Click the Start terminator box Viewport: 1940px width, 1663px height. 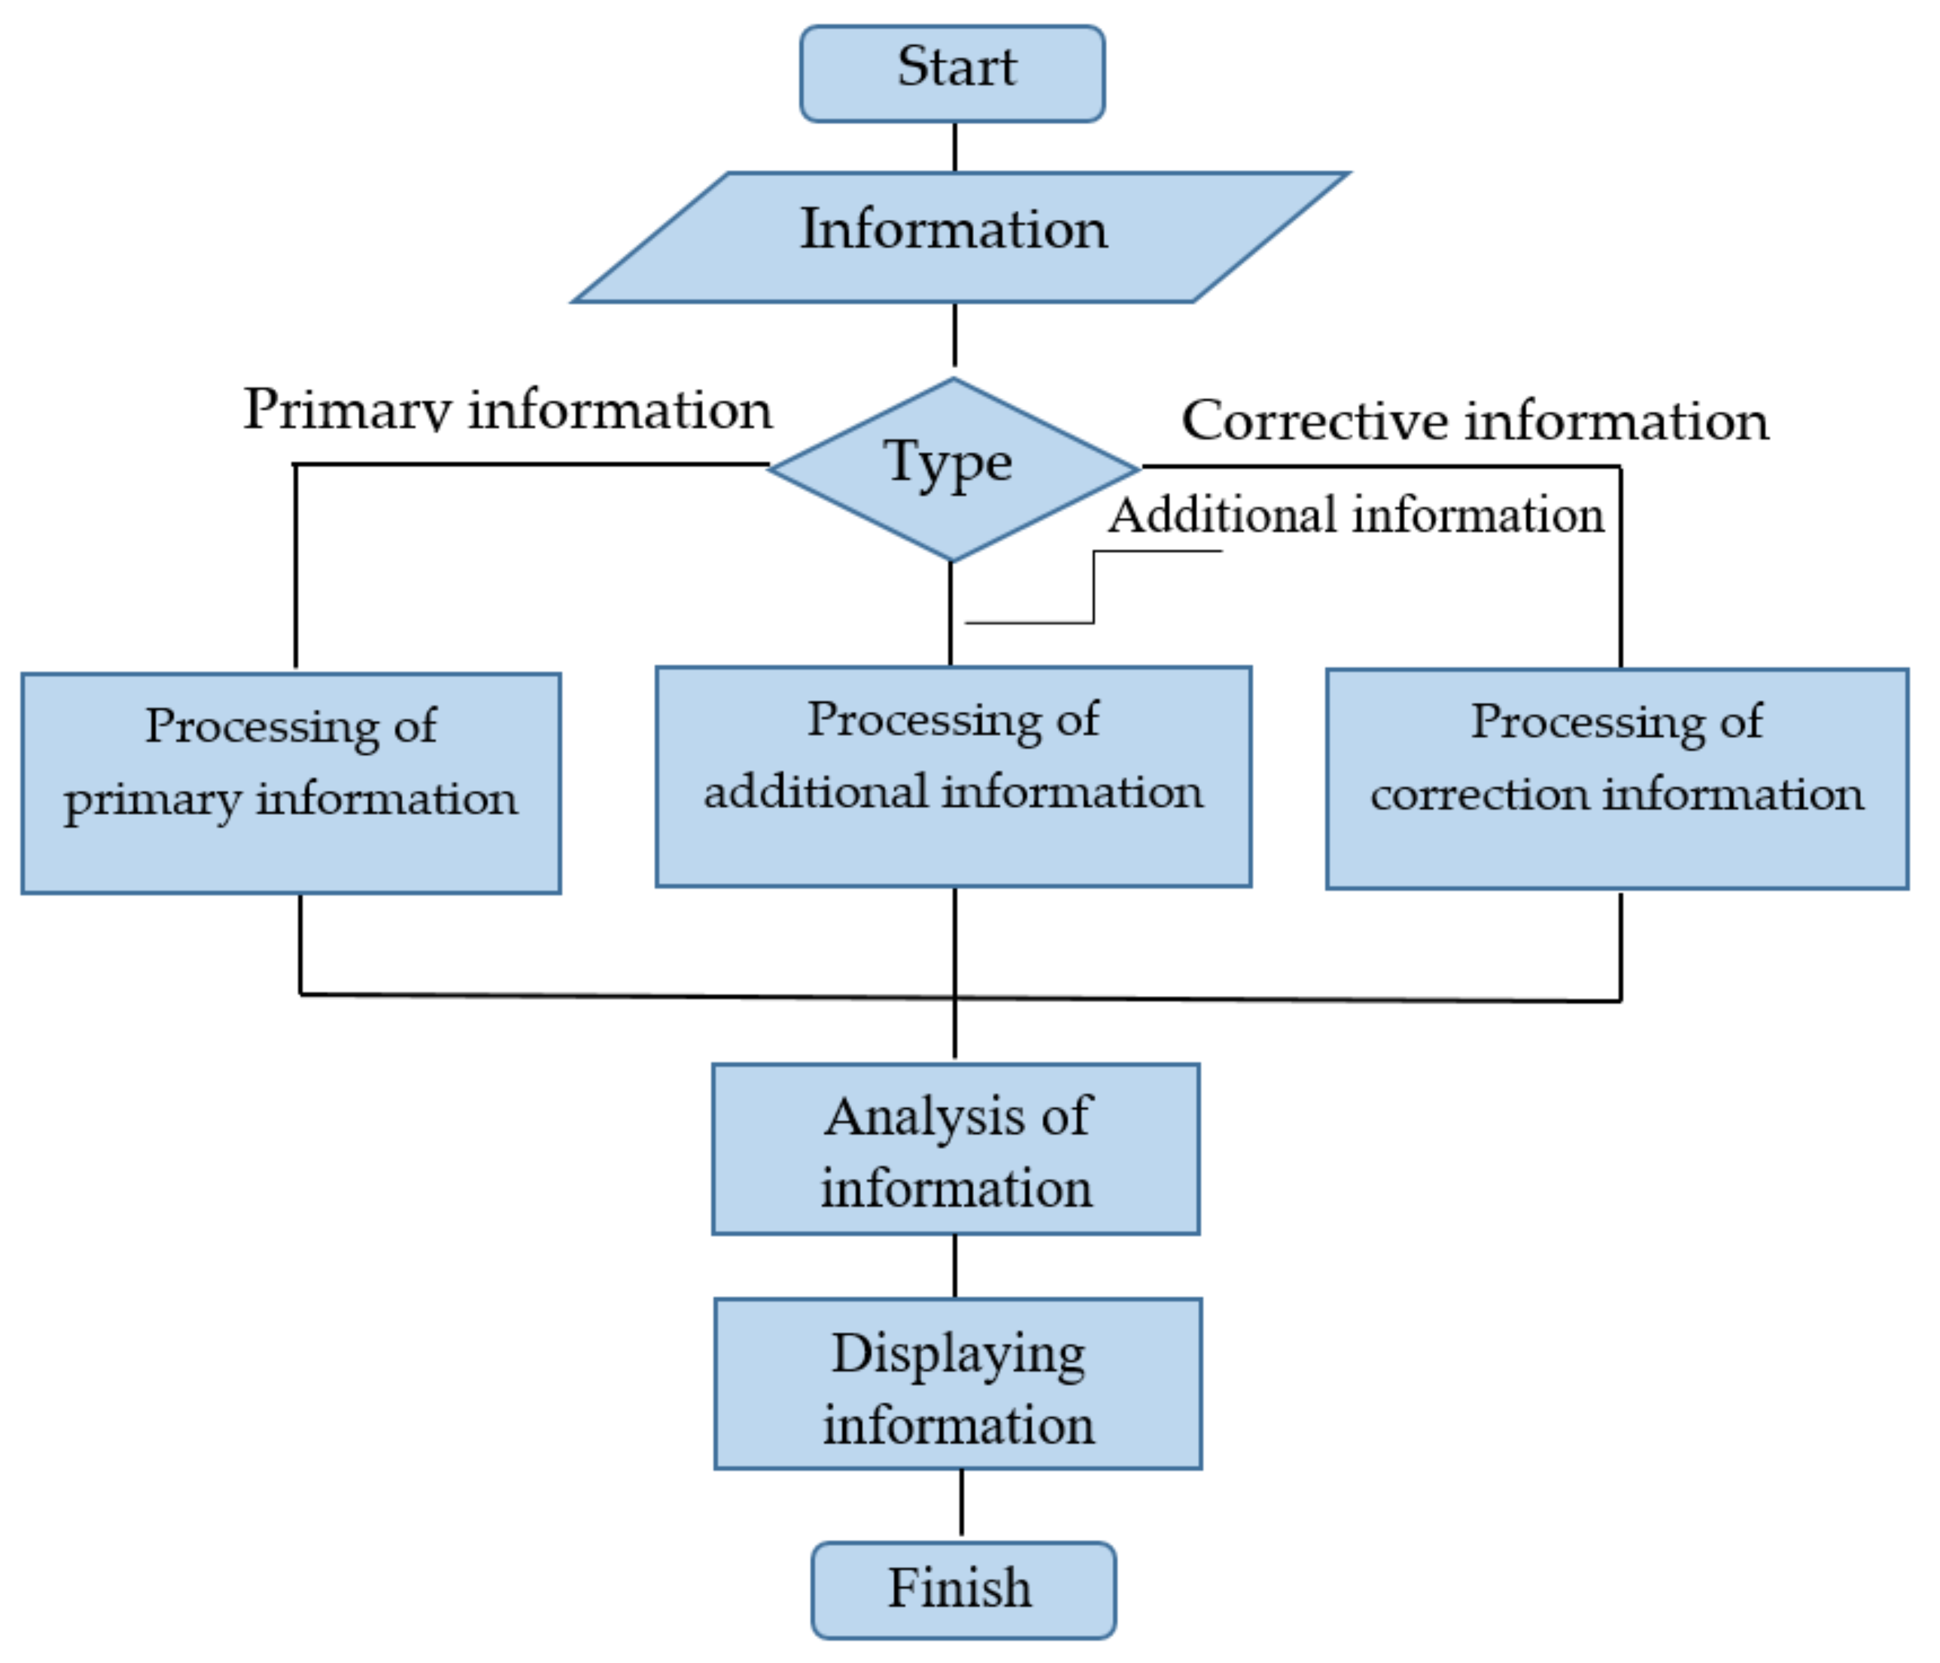(952, 73)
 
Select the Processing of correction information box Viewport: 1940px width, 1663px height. (1617, 779)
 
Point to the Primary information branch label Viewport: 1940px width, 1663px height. (507, 410)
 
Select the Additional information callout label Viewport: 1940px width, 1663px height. (1356, 515)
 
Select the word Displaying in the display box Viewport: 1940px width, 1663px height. (958, 1354)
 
